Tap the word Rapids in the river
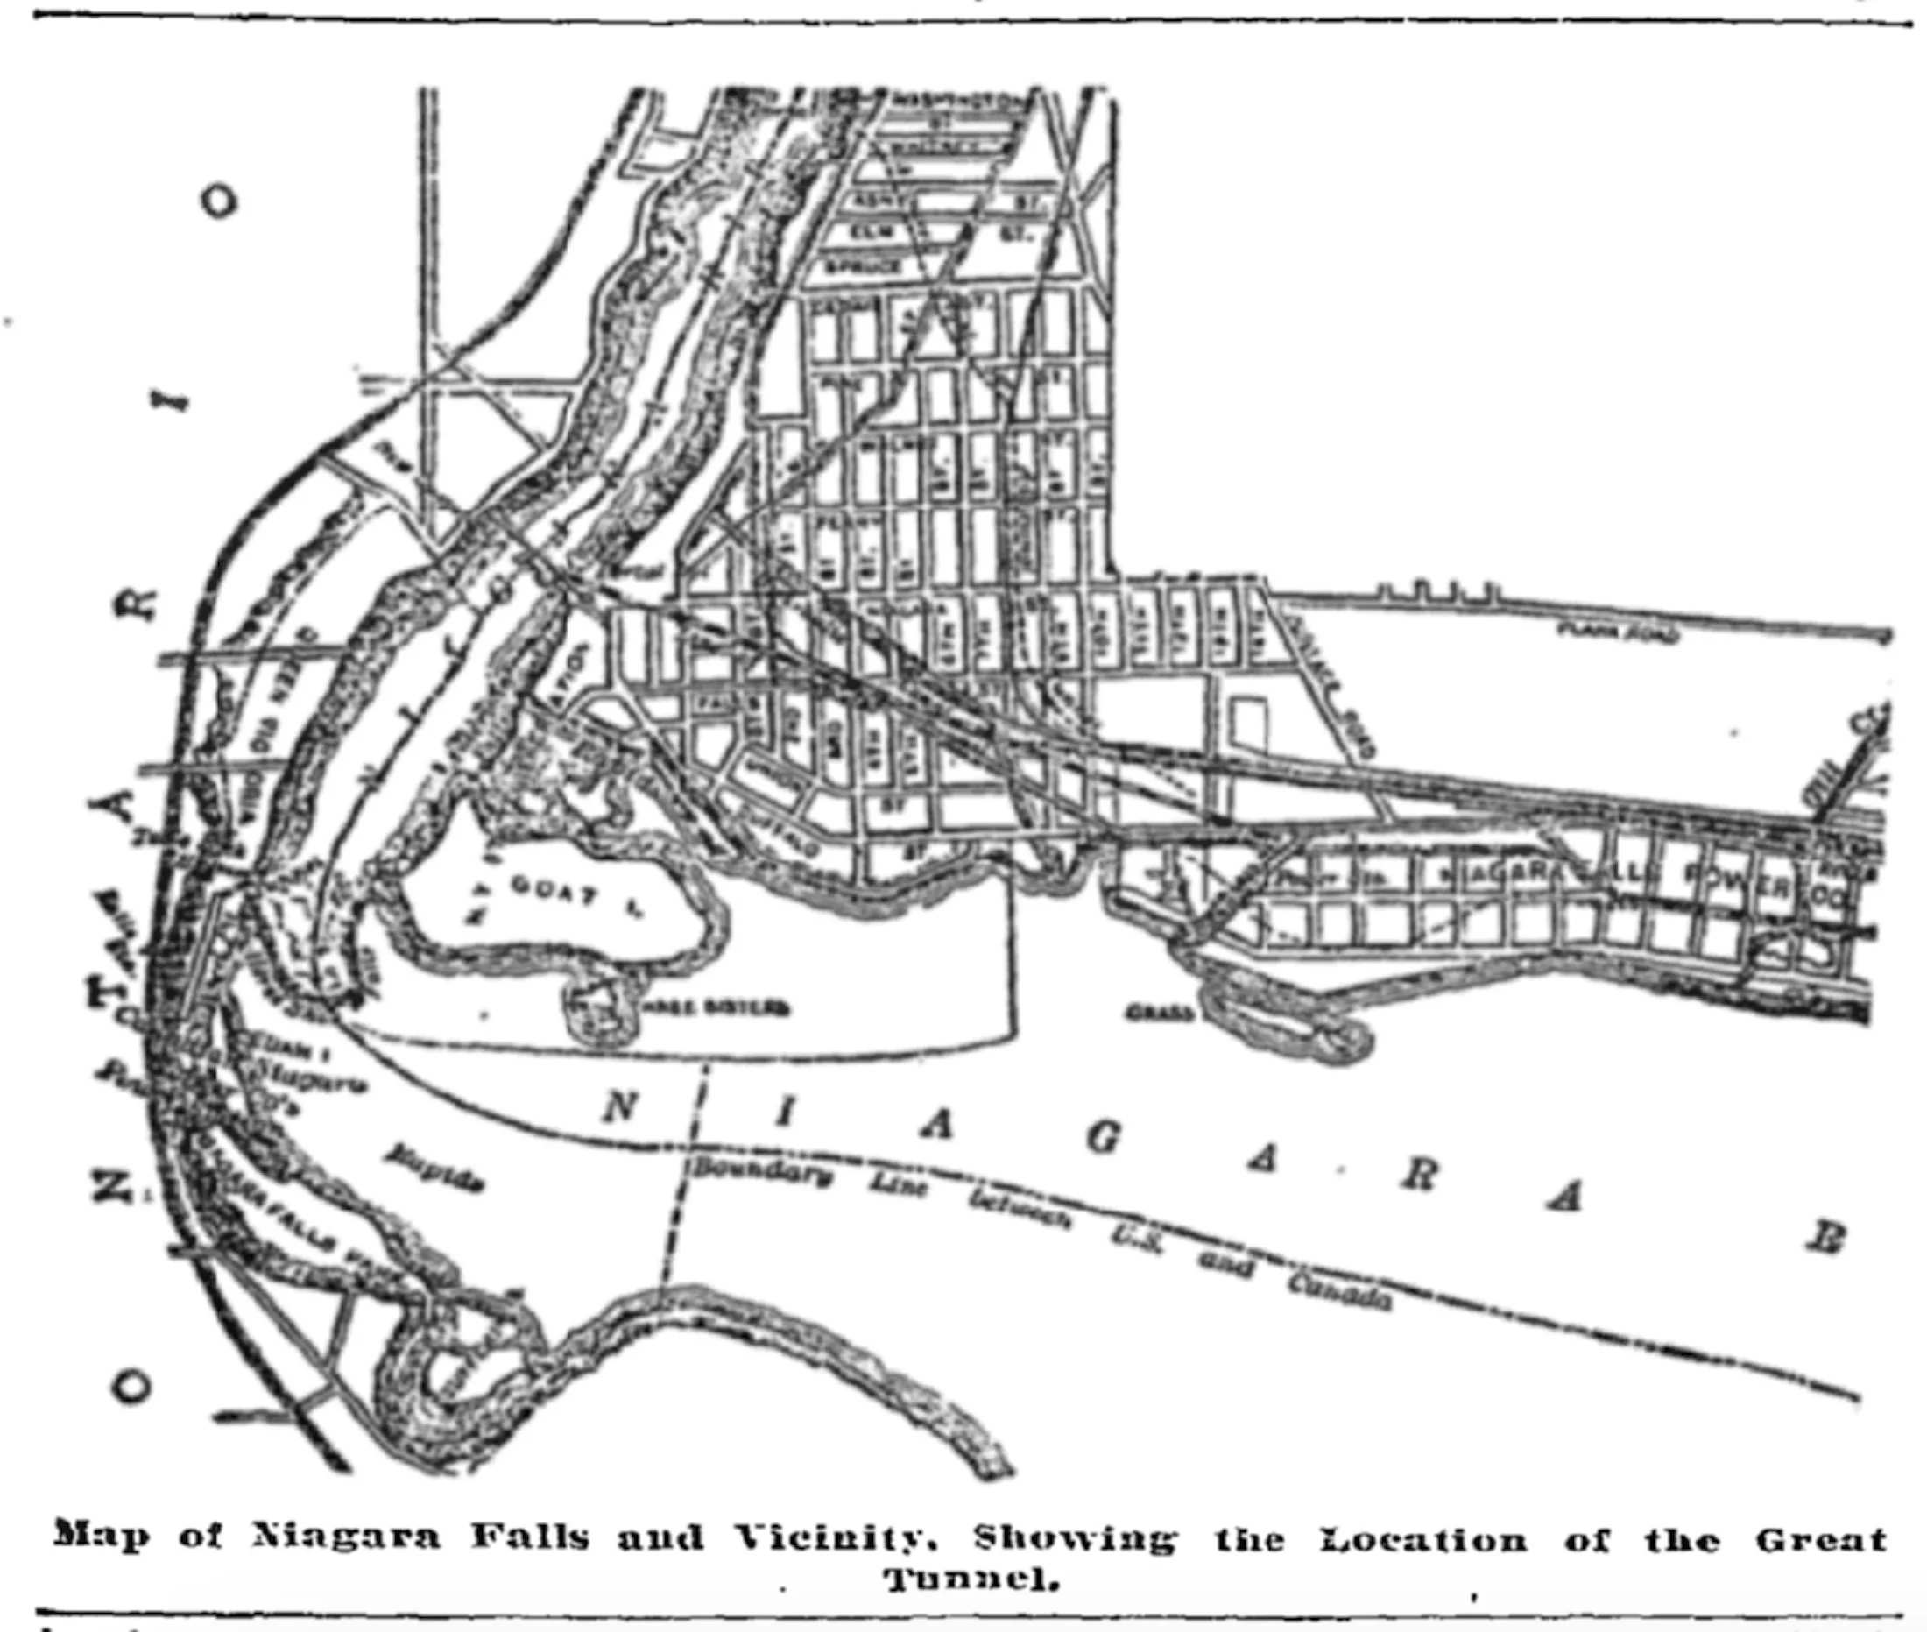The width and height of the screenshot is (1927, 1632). (434, 1168)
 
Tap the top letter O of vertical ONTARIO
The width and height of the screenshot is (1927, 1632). (219, 201)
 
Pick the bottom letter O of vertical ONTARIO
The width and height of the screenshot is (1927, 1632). (131, 1385)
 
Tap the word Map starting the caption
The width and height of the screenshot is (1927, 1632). (100, 1536)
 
